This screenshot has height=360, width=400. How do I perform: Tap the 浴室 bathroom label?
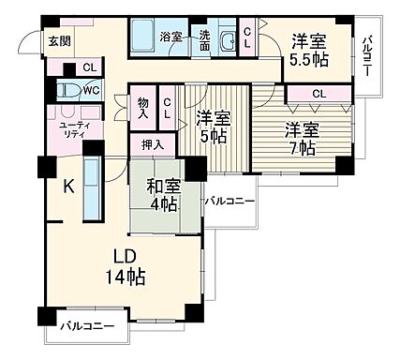(x=170, y=37)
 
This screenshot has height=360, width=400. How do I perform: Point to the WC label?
(x=91, y=91)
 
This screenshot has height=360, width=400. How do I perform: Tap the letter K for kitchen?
(x=68, y=186)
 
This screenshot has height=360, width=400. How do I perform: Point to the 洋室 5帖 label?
(x=213, y=128)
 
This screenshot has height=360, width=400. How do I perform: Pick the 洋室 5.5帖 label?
(x=309, y=49)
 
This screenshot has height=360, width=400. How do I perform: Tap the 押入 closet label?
(x=152, y=144)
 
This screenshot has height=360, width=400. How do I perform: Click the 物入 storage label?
(x=142, y=108)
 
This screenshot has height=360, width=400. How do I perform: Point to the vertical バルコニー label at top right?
(x=369, y=57)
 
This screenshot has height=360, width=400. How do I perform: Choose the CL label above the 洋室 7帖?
(x=319, y=93)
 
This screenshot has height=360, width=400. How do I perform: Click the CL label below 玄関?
(x=88, y=67)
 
